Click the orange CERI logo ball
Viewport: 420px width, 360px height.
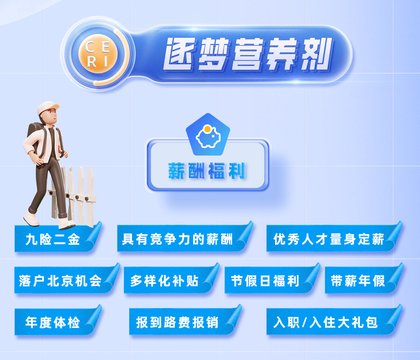(98, 54)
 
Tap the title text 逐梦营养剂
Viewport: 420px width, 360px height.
(247, 54)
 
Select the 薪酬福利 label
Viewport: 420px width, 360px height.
(206, 170)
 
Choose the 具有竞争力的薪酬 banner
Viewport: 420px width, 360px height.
(185, 238)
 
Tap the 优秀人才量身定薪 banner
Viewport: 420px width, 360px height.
(334, 238)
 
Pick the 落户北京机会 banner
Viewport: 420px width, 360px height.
(67, 280)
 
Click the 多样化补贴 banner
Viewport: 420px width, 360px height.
(171, 280)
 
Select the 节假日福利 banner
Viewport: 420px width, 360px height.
(272, 280)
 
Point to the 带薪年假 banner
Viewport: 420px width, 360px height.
(364, 280)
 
